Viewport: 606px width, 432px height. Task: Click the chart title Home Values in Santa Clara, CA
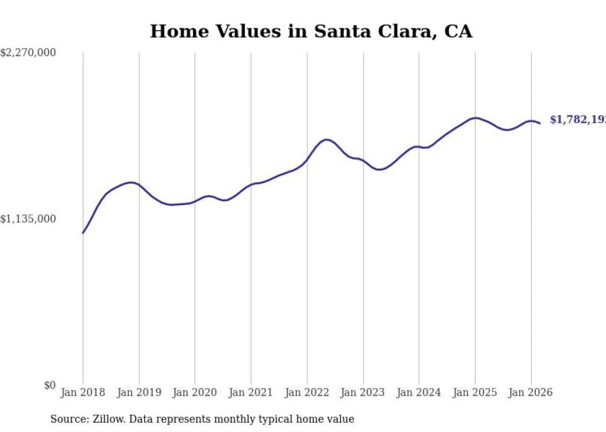pyautogui.click(x=311, y=32)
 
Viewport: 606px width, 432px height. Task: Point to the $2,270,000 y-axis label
pyautogui.click(x=28, y=53)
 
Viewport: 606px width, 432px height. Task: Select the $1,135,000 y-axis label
pyautogui.click(x=28, y=219)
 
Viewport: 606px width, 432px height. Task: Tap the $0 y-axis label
pyautogui.click(x=49, y=385)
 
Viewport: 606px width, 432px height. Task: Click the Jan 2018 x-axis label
pyautogui.click(x=83, y=392)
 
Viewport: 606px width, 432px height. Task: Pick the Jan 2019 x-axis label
pyautogui.click(x=139, y=392)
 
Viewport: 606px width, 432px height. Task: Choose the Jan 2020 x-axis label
pyautogui.click(x=195, y=392)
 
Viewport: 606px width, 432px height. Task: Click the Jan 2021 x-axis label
pyautogui.click(x=250, y=392)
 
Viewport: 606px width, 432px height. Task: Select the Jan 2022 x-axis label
pyautogui.click(x=307, y=392)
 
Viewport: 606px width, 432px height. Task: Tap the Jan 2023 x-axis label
pyautogui.click(x=362, y=392)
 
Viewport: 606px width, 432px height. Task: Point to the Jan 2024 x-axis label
pyautogui.click(x=419, y=392)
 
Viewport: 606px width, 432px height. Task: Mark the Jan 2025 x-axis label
pyautogui.click(x=474, y=392)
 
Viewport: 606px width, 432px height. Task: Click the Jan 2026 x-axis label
pyautogui.click(x=531, y=392)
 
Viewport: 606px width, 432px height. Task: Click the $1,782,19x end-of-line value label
pyautogui.click(x=578, y=120)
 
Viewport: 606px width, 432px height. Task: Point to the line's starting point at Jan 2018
pyautogui.click(x=83, y=233)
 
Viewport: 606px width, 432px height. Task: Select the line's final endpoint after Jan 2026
pyautogui.click(x=540, y=123)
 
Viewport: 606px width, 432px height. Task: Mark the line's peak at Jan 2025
pyautogui.click(x=475, y=117)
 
